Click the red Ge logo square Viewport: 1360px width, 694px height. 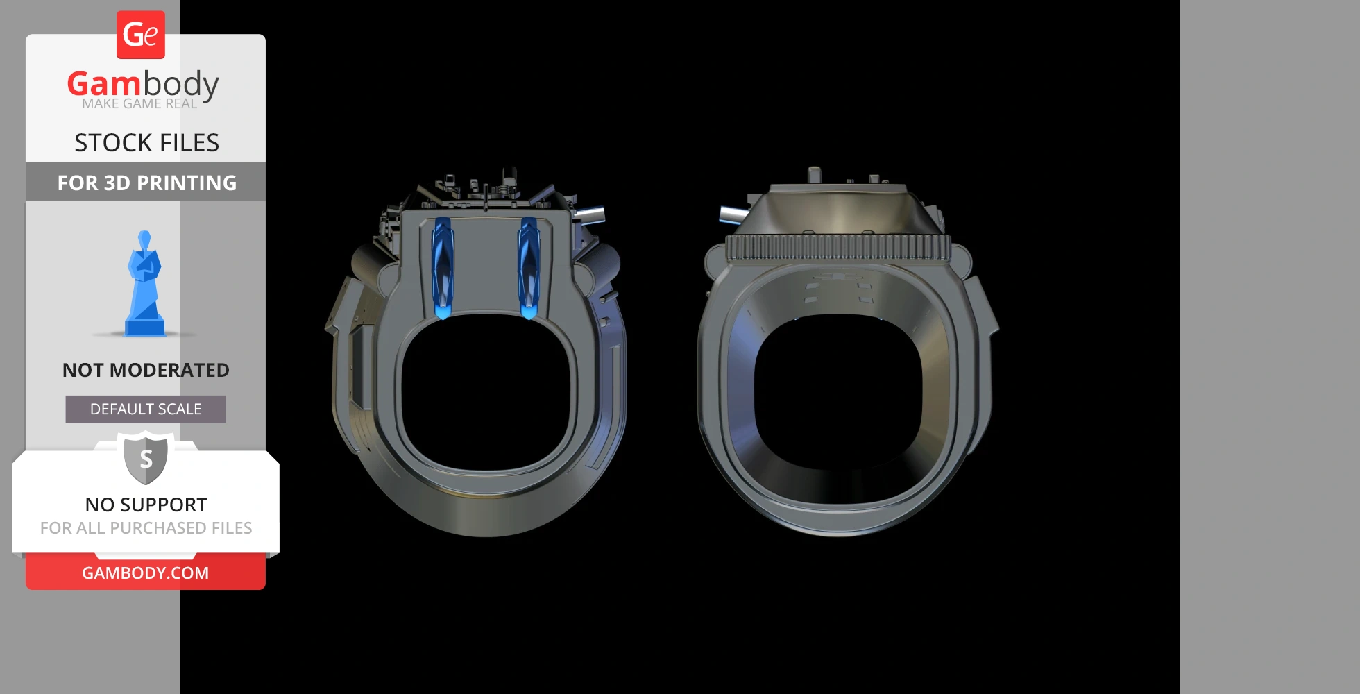141,35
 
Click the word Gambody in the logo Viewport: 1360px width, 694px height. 143,84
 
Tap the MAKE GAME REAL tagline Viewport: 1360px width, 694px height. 139,104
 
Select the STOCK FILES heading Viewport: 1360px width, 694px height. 146,143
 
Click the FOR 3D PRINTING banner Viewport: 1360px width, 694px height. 146,183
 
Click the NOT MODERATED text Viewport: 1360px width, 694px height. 146,370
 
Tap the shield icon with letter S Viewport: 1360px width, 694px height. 146,458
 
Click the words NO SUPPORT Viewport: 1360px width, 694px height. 146,505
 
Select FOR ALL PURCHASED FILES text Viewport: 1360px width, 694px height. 146,528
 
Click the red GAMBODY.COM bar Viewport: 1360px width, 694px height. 146,573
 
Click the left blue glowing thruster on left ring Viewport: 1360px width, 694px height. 442,267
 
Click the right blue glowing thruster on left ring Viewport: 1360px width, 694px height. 529,267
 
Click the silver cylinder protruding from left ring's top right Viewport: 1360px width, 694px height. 590,214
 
